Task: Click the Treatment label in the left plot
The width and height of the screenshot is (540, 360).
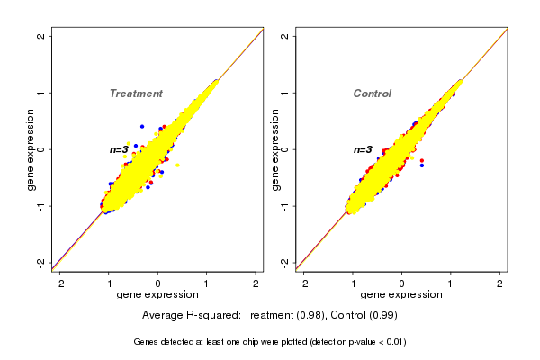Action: [136, 94]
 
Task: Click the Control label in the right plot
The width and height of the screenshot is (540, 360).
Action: [372, 94]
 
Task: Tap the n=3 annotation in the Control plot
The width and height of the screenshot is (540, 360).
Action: [363, 149]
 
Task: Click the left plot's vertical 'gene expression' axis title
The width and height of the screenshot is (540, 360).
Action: [31, 149]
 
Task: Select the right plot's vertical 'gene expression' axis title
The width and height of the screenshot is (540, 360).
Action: [275, 149]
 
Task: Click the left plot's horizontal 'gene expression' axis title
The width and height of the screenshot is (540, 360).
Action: [158, 294]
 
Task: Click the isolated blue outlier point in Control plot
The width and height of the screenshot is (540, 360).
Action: [421, 166]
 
